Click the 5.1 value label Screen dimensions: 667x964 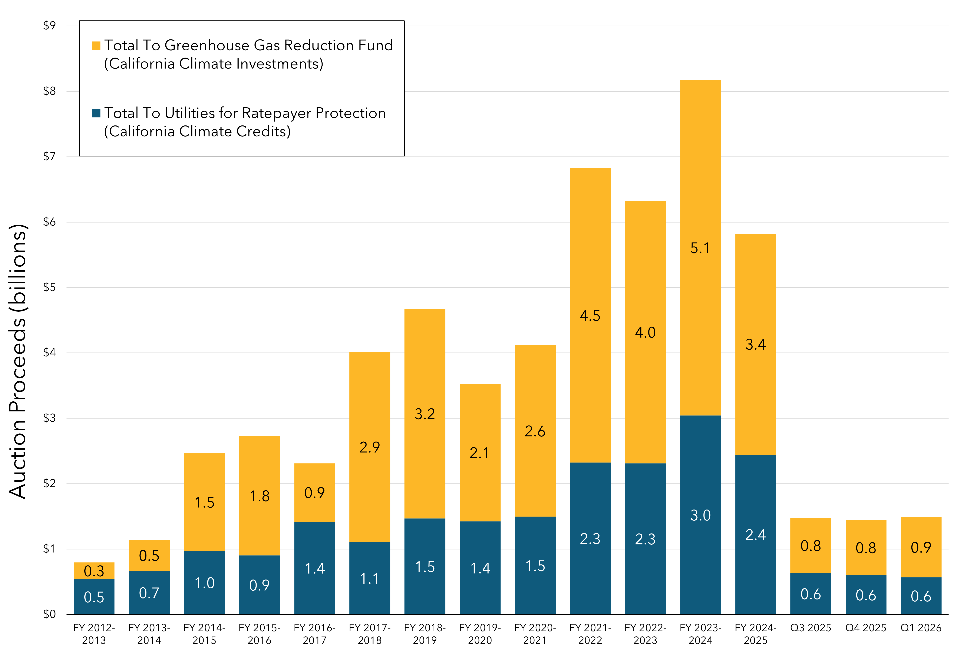point(700,248)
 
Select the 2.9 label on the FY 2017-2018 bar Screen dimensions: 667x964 point(370,447)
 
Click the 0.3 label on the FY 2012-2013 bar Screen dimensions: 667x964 point(94,571)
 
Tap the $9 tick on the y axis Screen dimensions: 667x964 point(49,26)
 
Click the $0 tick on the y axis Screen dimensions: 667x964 point(49,614)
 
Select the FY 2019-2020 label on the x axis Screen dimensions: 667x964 point(480,634)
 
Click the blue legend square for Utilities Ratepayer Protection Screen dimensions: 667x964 point(96,113)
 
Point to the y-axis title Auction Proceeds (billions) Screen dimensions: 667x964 point(18,362)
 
